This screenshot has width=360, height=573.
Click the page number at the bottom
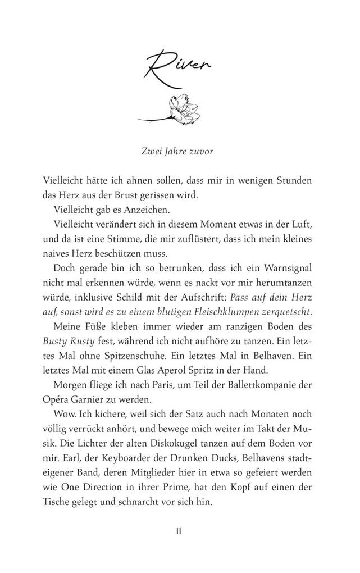(x=180, y=530)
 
